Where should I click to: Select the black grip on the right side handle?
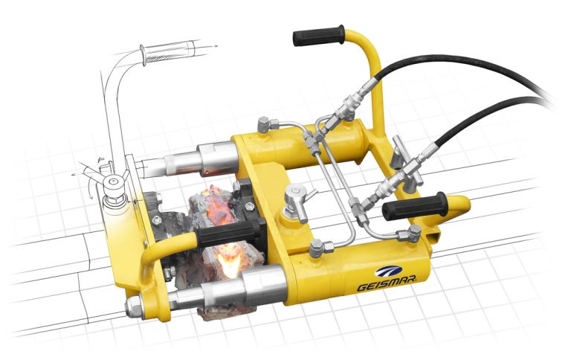point(413,208)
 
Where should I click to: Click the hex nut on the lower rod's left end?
point(135,305)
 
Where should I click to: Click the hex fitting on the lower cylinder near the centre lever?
point(315,250)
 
